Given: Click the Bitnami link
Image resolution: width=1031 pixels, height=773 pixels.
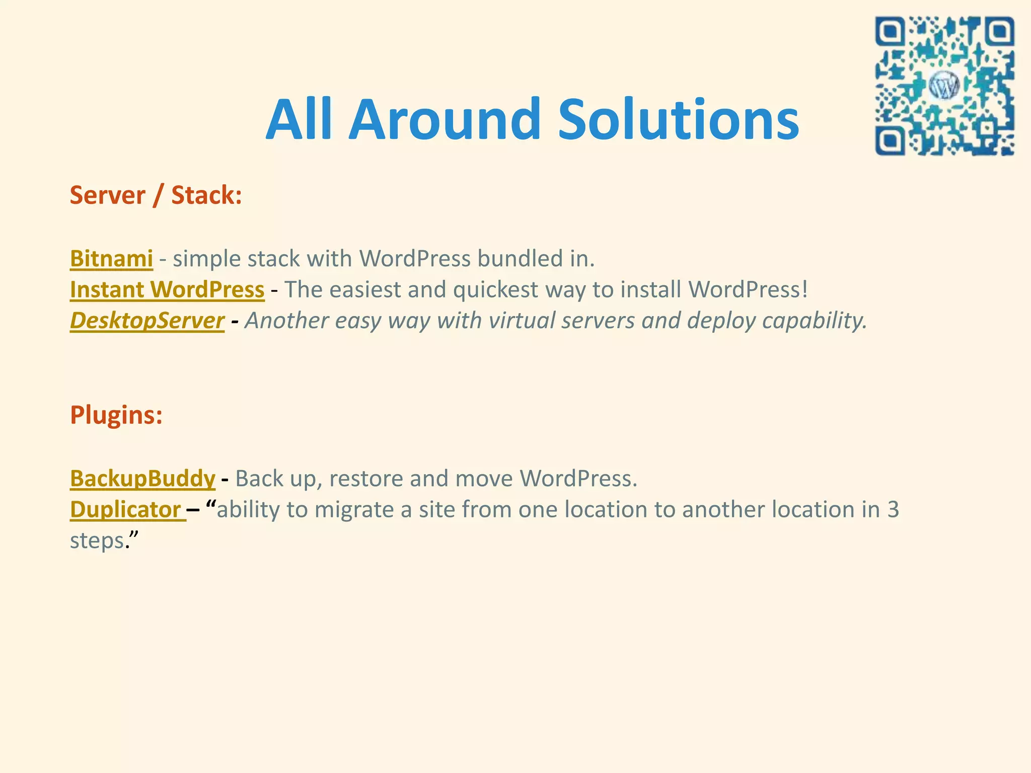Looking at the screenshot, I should pyautogui.click(x=111, y=259).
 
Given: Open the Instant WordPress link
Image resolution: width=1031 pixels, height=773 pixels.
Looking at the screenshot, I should pyautogui.click(x=167, y=290).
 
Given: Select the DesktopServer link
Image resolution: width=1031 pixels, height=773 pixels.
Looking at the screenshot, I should pyautogui.click(x=147, y=321).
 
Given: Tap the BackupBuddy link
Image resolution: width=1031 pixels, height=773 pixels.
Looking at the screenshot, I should pyautogui.click(x=142, y=479).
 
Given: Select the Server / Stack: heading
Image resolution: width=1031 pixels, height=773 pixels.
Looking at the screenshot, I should pyautogui.click(x=156, y=195).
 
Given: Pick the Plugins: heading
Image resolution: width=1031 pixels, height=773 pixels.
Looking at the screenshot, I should pyautogui.click(x=116, y=415).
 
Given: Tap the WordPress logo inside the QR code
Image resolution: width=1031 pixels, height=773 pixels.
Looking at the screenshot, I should pyautogui.click(x=944, y=86).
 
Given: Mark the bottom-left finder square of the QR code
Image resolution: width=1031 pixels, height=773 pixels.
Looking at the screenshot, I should pyautogui.click(x=891, y=140).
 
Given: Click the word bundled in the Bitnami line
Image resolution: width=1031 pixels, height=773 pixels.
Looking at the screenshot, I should pyautogui.click(x=520, y=259).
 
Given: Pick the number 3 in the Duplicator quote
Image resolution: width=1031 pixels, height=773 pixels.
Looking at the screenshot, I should pyautogui.click(x=893, y=510).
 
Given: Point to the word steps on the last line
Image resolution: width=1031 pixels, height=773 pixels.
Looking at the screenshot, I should pyautogui.click(x=97, y=541).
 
